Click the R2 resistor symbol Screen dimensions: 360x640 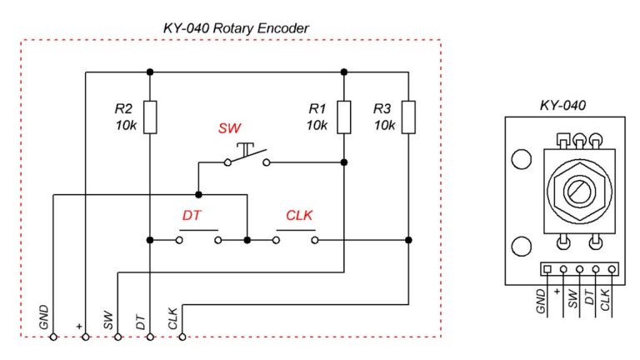[150, 117]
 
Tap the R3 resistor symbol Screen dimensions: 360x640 [408, 117]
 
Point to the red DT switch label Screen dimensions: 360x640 [192, 215]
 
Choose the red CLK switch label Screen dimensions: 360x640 [298, 215]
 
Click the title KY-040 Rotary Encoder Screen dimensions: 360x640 [236, 28]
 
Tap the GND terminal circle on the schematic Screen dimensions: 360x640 [52, 337]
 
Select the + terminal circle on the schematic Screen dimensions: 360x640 [85, 337]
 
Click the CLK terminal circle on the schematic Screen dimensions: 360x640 [182, 337]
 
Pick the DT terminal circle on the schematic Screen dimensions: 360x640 [150, 337]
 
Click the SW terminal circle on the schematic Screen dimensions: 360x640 [117, 337]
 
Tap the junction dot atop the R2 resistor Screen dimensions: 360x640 [150, 72]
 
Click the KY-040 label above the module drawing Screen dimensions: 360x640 [562, 106]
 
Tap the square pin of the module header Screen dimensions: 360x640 [547, 269]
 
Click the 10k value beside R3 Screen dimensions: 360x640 [384, 125]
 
